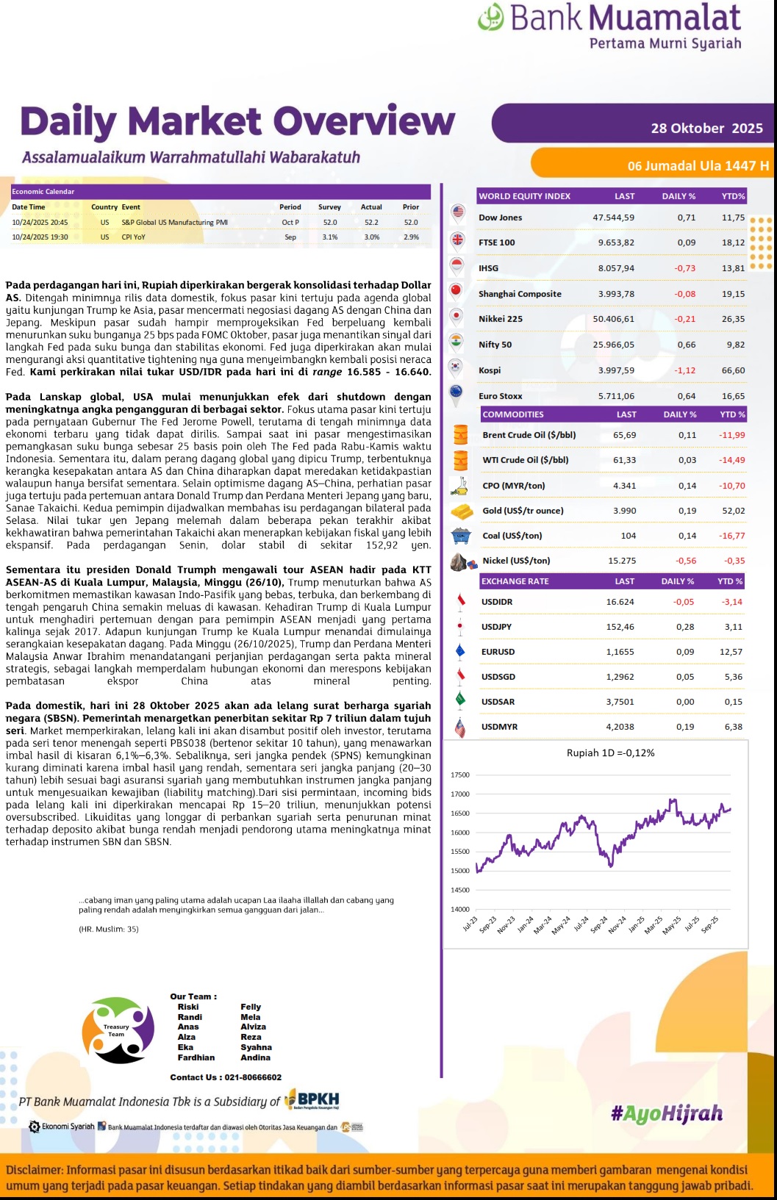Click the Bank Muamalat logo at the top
click(609, 26)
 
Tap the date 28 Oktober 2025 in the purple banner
click(706, 128)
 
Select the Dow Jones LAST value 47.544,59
click(613, 218)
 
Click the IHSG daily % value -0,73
click(684, 268)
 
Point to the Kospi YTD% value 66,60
click(733, 370)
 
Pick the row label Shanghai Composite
click(520, 294)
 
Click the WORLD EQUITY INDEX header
click(524, 196)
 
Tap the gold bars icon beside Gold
click(462, 511)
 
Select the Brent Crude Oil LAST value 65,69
click(624, 435)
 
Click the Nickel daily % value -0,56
click(685, 561)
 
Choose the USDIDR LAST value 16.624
click(620, 602)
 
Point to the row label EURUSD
click(498, 652)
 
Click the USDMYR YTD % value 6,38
click(733, 727)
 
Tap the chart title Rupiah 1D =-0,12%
click(610, 752)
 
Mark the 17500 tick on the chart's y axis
click(459, 775)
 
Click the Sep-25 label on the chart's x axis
click(709, 924)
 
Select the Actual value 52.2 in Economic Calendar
click(371, 222)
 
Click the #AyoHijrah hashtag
click(666, 1113)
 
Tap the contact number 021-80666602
click(252, 1077)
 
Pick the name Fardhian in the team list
click(196, 1057)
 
